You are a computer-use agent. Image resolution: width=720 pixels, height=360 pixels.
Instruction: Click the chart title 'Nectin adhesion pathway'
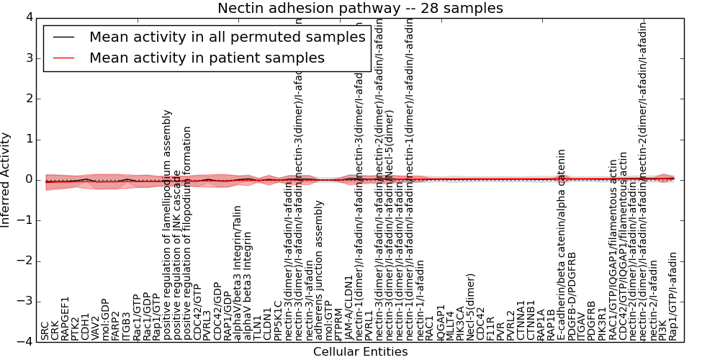[x=360, y=9]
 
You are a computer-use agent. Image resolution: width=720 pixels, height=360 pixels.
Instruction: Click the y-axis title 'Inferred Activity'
[x=6, y=179]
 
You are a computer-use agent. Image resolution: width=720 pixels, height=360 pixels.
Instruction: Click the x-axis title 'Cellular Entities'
[x=360, y=352]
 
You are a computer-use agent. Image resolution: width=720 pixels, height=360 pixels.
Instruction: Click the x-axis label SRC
[x=45, y=330]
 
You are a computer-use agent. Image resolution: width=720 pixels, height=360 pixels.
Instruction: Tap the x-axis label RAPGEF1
[x=66, y=318]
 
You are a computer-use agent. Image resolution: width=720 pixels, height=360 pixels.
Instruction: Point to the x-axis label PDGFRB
[x=592, y=320]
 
